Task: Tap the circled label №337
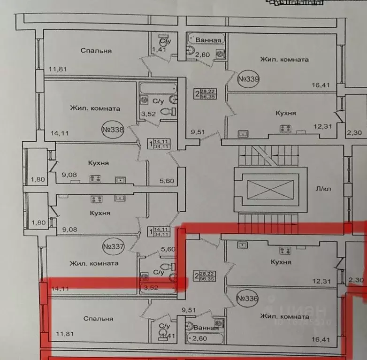pyautogui.click(x=112, y=246)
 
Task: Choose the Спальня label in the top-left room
pyautogui.click(x=96, y=51)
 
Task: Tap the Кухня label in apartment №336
pyautogui.click(x=281, y=262)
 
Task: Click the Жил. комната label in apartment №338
pyautogui.click(x=95, y=108)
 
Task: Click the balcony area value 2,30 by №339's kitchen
pyautogui.click(x=353, y=133)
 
